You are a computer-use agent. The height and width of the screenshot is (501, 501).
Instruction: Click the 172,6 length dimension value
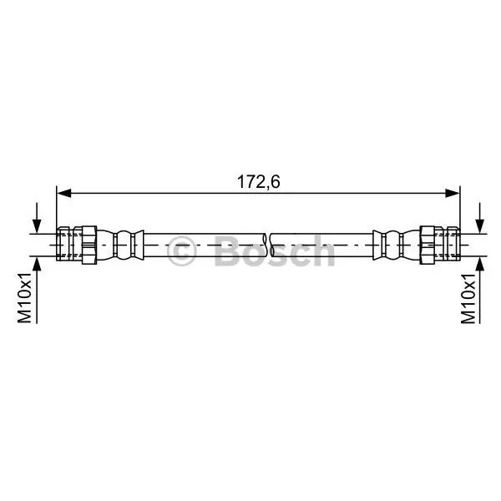[x=259, y=182]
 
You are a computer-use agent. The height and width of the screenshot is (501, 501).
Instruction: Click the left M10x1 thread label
[x=24, y=297]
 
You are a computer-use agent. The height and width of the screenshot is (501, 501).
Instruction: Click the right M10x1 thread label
[x=468, y=298]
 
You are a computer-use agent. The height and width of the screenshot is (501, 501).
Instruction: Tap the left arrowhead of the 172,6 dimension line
[x=64, y=193]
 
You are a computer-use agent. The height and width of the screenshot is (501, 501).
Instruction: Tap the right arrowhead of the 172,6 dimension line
[x=453, y=193]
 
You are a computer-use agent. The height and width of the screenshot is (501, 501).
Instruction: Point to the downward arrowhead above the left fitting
[x=37, y=226]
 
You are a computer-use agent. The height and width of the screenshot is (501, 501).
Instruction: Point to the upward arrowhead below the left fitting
[x=37, y=264]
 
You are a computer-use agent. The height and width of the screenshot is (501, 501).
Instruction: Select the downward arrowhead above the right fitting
[x=479, y=226]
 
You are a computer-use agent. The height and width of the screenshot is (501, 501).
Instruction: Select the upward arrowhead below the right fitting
[x=479, y=264]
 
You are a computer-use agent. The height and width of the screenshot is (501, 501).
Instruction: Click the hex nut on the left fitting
[x=89, y=245]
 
